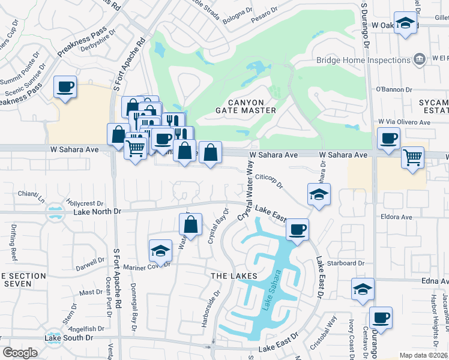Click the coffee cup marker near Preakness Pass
65,87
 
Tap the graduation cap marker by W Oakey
406,24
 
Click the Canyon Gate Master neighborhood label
246,106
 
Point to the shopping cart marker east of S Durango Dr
412,158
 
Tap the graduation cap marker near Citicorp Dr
319,194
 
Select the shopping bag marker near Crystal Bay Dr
190,225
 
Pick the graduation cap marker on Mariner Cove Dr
160,250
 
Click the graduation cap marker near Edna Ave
363,289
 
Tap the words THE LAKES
234,275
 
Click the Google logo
20,353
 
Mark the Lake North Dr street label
97,212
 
